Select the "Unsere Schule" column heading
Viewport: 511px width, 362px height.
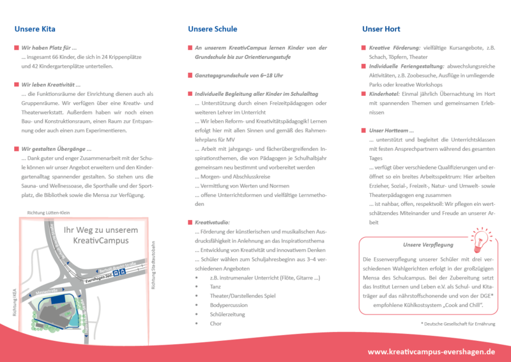coord(212,29)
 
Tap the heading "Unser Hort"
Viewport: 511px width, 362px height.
coord(381,29)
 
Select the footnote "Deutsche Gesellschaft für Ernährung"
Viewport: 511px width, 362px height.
coord(458,324)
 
